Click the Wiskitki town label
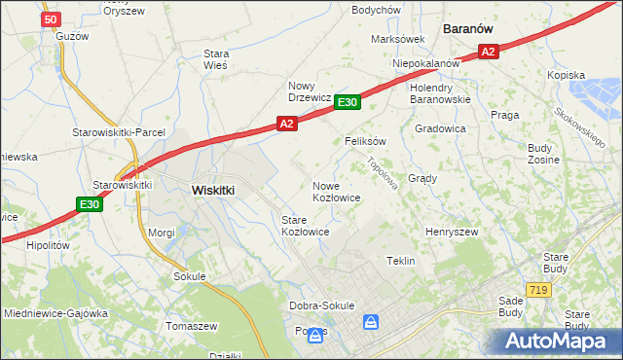[x=213, y=191]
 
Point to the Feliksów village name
[x=366, y=141]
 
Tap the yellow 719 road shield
[x=536, y=290]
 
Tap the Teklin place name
[x=401, y=262]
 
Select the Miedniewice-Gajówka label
[x=54, y=313]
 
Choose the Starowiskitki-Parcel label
[x=119, y=132]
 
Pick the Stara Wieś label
[x=215, y=59]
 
